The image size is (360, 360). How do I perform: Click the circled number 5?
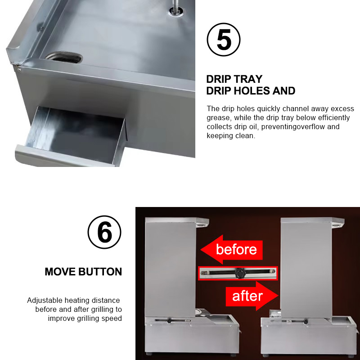(x=223, y=40)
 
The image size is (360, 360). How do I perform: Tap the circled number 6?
(x=104, y=232)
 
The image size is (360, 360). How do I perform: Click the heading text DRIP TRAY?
(x=234, y=79)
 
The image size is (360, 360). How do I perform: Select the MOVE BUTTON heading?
(x=83, y=272)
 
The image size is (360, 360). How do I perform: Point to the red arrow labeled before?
(x=231, y=249)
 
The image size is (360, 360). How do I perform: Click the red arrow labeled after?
(x=252, y=296)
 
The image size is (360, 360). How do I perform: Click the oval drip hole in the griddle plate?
(x=64, y=57)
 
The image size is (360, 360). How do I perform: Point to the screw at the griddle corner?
(x=19, y=69)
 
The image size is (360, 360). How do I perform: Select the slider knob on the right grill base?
(x=306, y=322)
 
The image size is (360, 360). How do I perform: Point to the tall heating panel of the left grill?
(x=171, y=267)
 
